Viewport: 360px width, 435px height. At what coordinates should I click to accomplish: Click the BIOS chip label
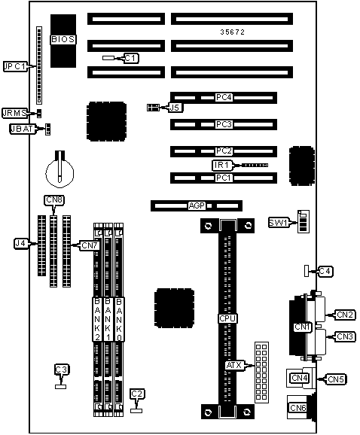(63, 39)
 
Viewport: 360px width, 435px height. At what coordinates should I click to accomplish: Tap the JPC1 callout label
(15, 66)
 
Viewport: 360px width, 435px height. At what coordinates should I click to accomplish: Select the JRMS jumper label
(14, 113)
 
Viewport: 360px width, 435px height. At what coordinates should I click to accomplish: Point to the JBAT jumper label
(22, 129)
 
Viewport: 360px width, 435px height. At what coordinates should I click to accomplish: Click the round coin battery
(59, 172)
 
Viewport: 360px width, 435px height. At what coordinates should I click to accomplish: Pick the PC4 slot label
(224, 97)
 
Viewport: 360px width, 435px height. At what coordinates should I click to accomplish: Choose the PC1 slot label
(224, 178)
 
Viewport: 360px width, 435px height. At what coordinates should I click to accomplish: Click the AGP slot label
(197, 206)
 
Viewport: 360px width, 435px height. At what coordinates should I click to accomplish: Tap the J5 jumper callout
(175, 108)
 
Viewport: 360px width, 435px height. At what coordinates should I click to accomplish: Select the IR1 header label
(221, 166)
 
